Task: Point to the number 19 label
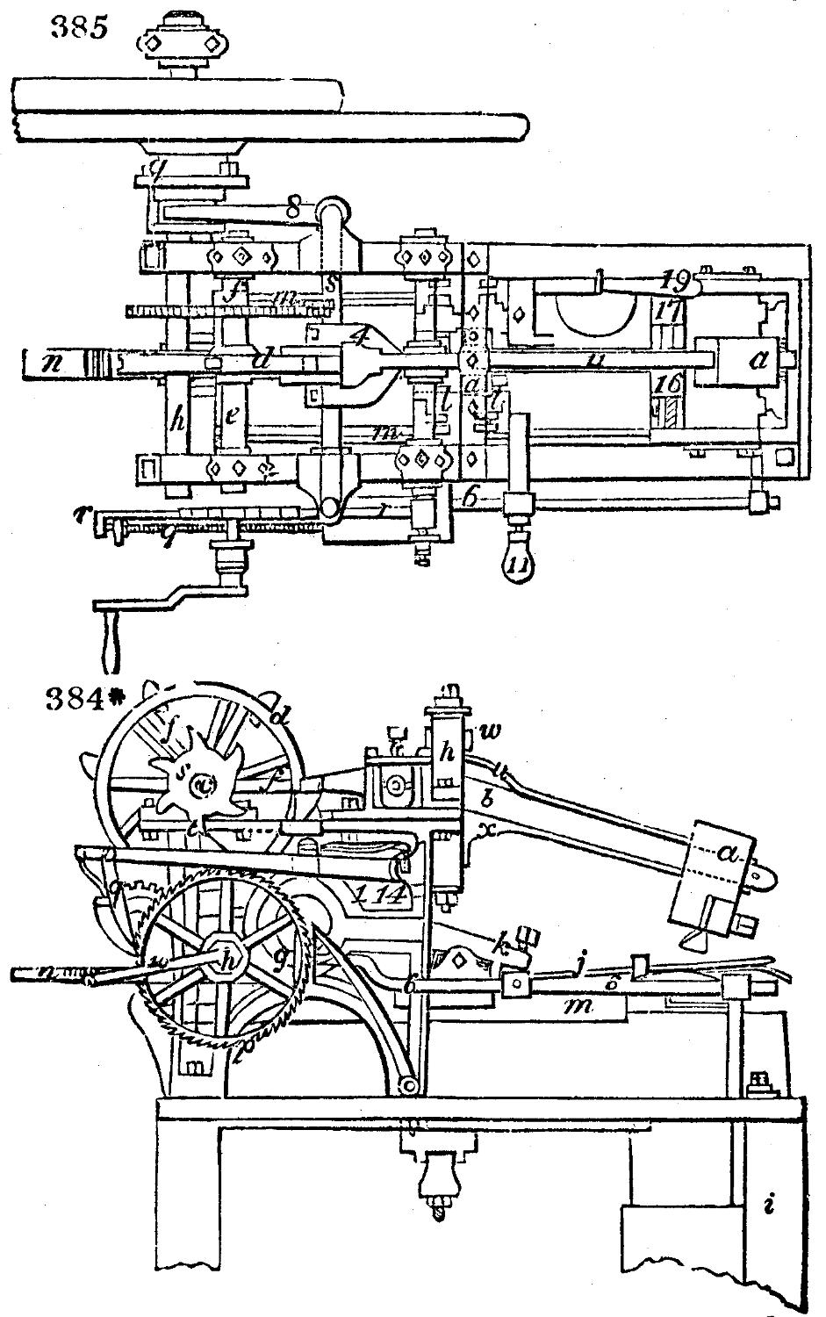tap(679, 281)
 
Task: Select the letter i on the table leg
tap(768, 1205)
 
